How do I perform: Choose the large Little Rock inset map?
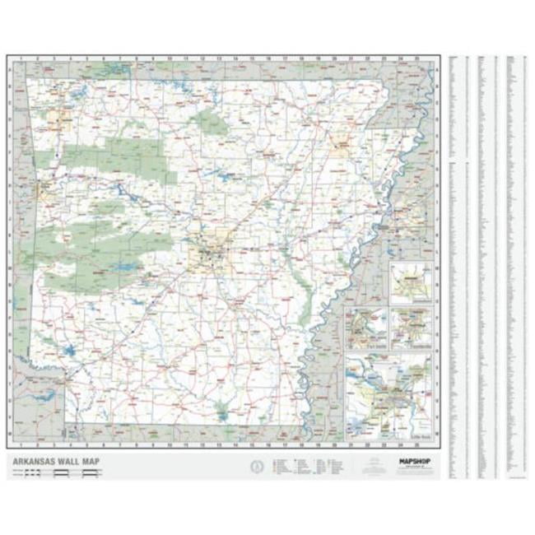pyautogui.click(x=388, y=395)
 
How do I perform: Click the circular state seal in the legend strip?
pyautogui.click(x=257, y=467)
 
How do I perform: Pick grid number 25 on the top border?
pyautogui.click(x=417, y=59)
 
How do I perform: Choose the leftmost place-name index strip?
pyautogui.click(x=458, y=263)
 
